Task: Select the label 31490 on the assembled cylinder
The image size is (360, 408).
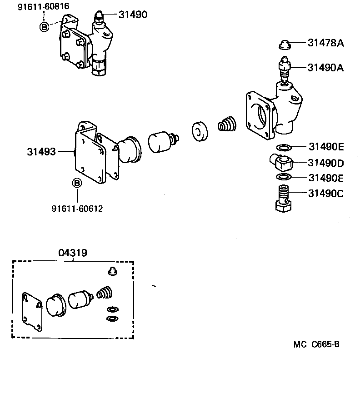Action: tap(133, 15)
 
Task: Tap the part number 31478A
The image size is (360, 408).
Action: tap(325, 44)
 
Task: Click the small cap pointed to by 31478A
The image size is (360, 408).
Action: tap(285, 44)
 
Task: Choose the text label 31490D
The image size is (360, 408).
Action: tap(325, 163)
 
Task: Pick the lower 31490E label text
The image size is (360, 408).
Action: tap(325, 177)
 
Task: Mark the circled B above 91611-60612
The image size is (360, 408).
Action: tap(77, 183)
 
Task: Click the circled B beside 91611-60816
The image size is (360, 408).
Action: tap(44, 27)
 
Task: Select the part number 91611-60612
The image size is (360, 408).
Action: tap(77, 209)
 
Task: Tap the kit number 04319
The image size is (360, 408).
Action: tap(73, 253)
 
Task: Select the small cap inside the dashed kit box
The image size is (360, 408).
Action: tap(111, 272)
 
